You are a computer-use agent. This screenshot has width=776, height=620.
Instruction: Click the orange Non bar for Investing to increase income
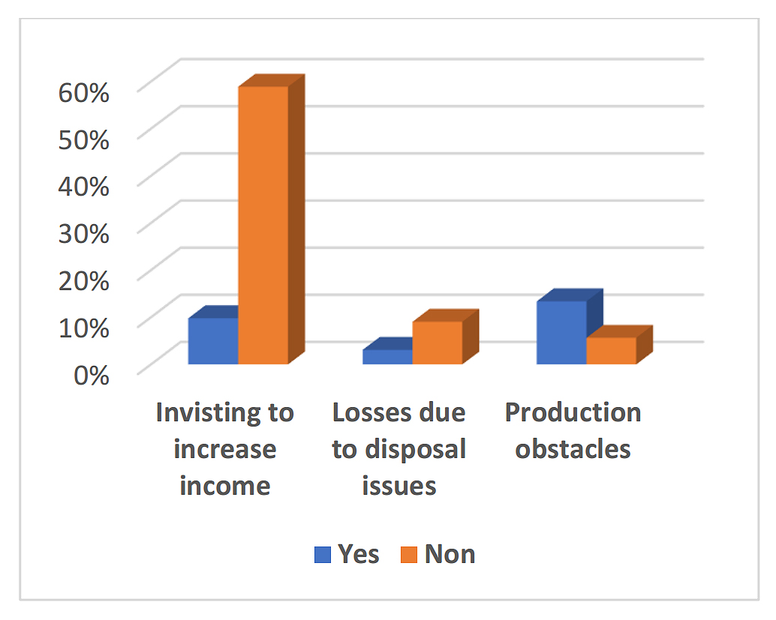point(263,225)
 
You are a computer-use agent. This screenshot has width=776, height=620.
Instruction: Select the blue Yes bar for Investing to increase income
point(213,341)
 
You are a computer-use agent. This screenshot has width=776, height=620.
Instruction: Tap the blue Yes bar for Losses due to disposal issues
point(387,357)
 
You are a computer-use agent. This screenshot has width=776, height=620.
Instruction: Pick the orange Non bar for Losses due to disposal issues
point(437,343)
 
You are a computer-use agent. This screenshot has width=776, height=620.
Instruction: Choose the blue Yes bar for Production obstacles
point(561,332)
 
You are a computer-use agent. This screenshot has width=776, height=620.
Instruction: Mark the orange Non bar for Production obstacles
point(611,351)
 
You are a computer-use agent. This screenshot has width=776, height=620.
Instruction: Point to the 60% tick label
point(84,93)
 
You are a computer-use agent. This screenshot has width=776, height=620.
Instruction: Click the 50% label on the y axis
point(84,139)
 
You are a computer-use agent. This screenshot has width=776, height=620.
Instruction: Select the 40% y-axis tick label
point(84,186)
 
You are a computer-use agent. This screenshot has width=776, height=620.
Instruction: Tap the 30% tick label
point(84,232)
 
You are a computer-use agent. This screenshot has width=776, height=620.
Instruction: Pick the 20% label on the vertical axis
point(84,279)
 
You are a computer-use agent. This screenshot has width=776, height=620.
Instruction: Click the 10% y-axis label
point(84,326)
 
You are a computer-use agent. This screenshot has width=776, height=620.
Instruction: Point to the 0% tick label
point(91,373)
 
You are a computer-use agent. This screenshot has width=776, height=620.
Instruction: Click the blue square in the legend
point(323,555)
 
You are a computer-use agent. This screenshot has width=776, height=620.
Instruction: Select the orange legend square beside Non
point(410,555)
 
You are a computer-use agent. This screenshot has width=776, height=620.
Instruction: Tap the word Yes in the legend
point(359,554)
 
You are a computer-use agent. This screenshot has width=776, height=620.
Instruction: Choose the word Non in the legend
point(450,554)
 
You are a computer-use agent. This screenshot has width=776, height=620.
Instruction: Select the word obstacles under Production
point(573,449)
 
